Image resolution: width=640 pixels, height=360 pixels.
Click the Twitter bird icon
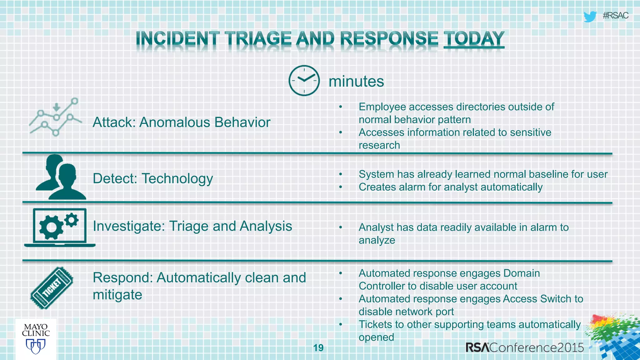click(x=590, y=16)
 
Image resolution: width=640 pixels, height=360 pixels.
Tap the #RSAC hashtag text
click(x=615, y=16)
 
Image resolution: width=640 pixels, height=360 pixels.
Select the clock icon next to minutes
click(x=304, y=81)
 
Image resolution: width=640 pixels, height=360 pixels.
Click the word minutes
click(x=356, y=82)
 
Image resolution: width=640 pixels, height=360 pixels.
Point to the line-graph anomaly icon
click(x=56, y=117)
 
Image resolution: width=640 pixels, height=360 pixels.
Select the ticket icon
click(x=52, y=288)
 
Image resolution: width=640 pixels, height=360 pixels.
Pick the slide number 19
click(x=318, y=348)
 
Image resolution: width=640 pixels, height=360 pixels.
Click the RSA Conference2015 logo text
click(x=524, y=347)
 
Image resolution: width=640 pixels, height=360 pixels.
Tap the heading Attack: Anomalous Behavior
click(x=181, y=122)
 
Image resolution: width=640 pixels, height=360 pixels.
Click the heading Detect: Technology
click(x=153, y=178)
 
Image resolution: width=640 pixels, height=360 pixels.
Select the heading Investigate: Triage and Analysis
click(x=192, y=226)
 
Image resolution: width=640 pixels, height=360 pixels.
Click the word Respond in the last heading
click(x=122, y=277)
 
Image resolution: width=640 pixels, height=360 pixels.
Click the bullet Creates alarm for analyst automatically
click(x=450, y=187)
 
